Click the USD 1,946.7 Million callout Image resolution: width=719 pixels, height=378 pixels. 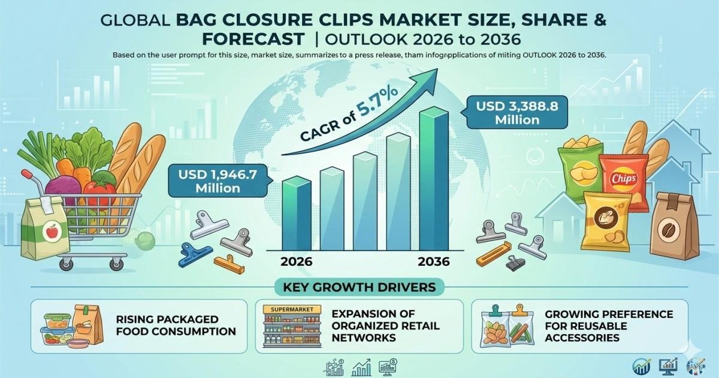point(218,181)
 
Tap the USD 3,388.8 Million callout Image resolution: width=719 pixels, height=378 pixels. point(516,113)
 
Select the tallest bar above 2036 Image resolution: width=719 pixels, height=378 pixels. point(434,179)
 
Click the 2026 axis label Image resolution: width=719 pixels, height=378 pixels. point(296,262)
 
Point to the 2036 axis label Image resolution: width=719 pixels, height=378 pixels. point(434,262)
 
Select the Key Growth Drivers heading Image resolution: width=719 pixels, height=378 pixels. point(359,287)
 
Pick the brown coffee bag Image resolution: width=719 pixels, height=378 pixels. point(674,226)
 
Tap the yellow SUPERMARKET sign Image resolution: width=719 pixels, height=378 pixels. point(292,310)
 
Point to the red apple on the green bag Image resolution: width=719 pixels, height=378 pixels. point(52,231)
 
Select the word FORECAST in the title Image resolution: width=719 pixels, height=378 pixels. point(253,39)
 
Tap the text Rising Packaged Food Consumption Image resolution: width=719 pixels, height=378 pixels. point(176,325)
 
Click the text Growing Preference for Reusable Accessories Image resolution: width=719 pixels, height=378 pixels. point(609,326)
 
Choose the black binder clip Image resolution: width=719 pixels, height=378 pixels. point(515,263)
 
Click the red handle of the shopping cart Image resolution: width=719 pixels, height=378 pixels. point(28,174)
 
